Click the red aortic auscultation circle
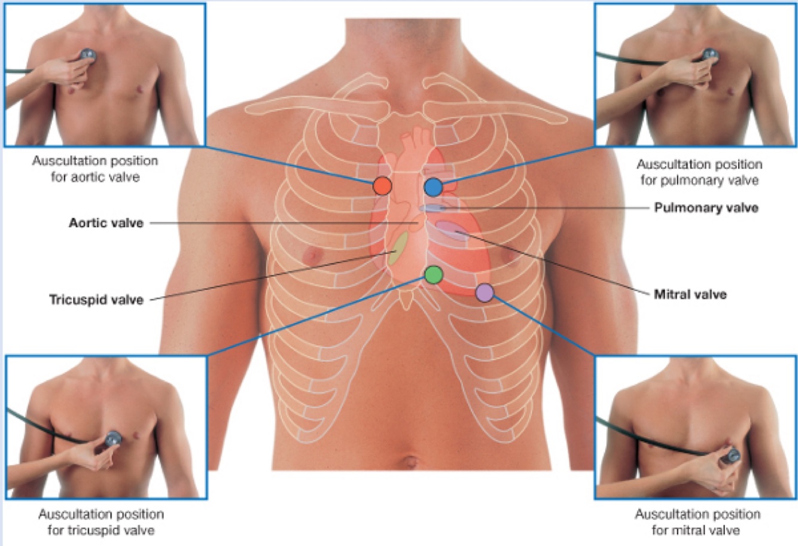point(382,186)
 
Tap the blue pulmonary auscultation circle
point(433,187)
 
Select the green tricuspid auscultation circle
point(433,274)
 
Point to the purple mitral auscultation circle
point(484,292)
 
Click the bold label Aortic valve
point(106,223)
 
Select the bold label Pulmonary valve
point(706,208)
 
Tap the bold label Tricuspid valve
point(96,299)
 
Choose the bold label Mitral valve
point(690,294)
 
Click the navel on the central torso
point(410,462)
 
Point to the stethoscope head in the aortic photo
point(88,54)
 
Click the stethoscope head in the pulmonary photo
point(711,55)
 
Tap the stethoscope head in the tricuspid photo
point(112,438)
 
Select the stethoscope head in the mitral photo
point(731,456)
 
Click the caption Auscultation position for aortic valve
point(95,169)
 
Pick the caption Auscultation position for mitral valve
point(698,522)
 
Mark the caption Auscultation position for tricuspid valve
point(101,522)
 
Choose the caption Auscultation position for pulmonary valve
point(699,172)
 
